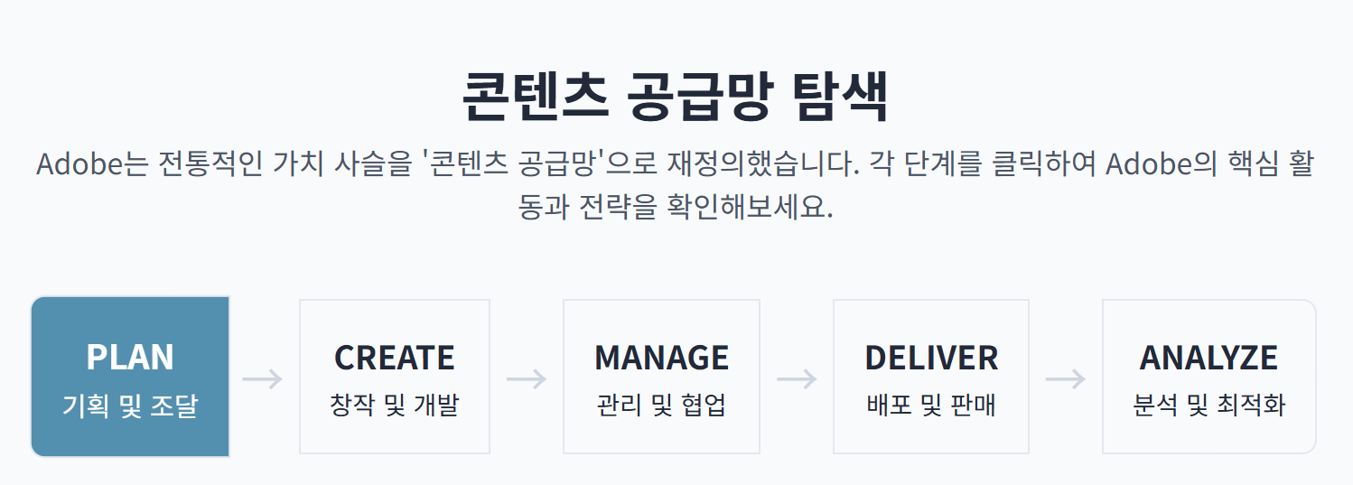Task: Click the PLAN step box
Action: pos(130,376)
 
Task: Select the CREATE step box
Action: pos(394,376)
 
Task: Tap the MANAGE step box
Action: pos(661,376)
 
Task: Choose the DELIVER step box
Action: pos(930,376)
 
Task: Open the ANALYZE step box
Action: pos(1208,376)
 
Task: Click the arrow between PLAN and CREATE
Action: pos(263,379)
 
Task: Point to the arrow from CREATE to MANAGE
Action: pos(527,379)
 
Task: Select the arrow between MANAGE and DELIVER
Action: pos(797,379)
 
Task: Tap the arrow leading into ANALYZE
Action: pos(1066,379)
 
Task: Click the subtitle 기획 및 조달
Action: pos(130,406)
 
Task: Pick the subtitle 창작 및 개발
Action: pos(394,405)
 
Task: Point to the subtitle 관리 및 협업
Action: pos(661,405)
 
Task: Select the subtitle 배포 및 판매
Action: pos(930,405)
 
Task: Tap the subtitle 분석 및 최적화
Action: pos(1208,405)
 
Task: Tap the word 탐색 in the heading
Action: pos(840,96)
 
